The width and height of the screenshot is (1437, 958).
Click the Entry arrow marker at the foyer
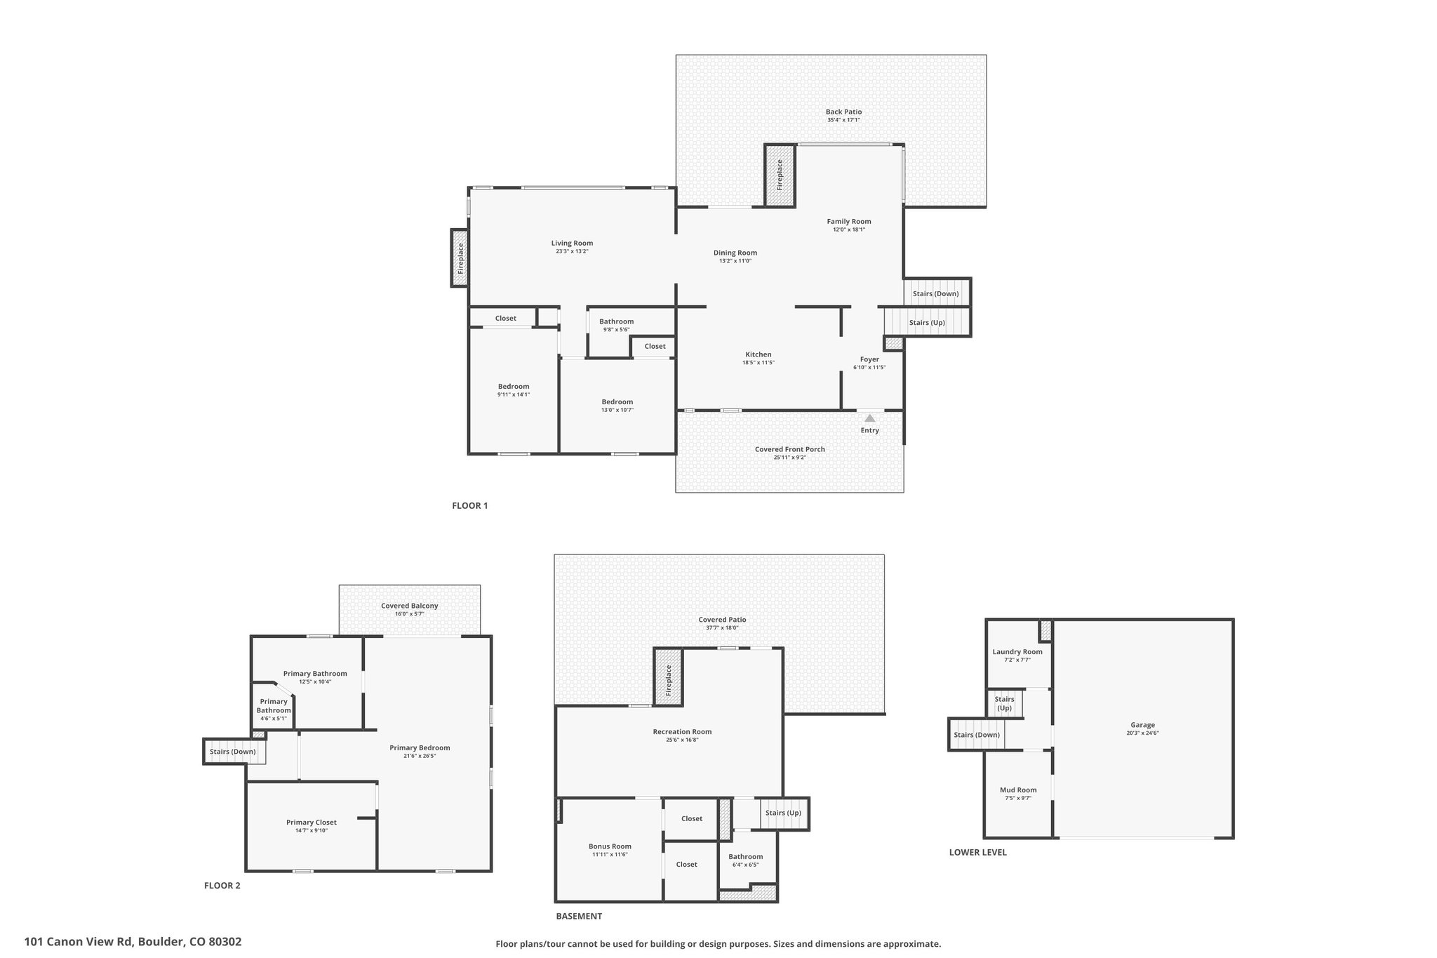tap(869, 418)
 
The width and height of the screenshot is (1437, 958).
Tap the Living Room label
tap(572, 244)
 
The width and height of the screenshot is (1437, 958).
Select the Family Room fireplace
tap(780, 175)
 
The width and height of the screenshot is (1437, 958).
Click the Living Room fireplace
tap(460, 258)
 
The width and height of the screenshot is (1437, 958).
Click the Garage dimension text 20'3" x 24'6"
tap(1142, 733)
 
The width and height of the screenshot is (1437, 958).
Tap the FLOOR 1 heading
tap(469, 505)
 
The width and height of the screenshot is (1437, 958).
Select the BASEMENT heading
tap(579, 916)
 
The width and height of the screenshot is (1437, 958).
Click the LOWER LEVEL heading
tap(977, 852)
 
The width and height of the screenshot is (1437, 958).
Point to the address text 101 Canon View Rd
tap(133, 942)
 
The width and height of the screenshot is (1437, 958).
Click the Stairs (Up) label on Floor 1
tap(927, 323)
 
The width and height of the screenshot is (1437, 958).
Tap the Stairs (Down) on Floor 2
tap(234, 752)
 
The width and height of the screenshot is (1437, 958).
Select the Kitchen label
tap(758, 354)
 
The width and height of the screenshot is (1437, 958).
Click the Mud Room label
tap(1017, 790)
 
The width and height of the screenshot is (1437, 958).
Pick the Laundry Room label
tap(1017, 652)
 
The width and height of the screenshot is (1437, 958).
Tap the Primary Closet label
tap(311, 823)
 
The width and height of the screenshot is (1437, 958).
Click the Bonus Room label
tap(610, 846)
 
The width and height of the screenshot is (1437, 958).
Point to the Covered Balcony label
tap(409, 606)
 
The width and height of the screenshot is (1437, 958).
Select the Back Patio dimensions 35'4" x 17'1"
tap(843, 120)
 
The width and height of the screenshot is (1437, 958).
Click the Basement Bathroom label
tap(745, 857)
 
